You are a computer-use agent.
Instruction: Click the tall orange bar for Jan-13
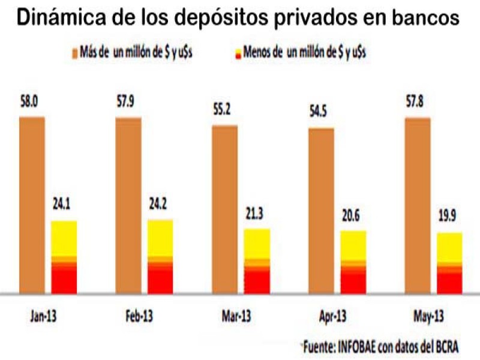pos(32,204)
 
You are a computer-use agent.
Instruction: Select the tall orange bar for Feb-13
pos(128,204)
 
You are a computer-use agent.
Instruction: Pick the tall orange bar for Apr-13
pos(321,210)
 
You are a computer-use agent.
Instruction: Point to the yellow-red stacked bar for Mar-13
pos(257,261)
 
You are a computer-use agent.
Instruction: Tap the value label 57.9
pos(127,102)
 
